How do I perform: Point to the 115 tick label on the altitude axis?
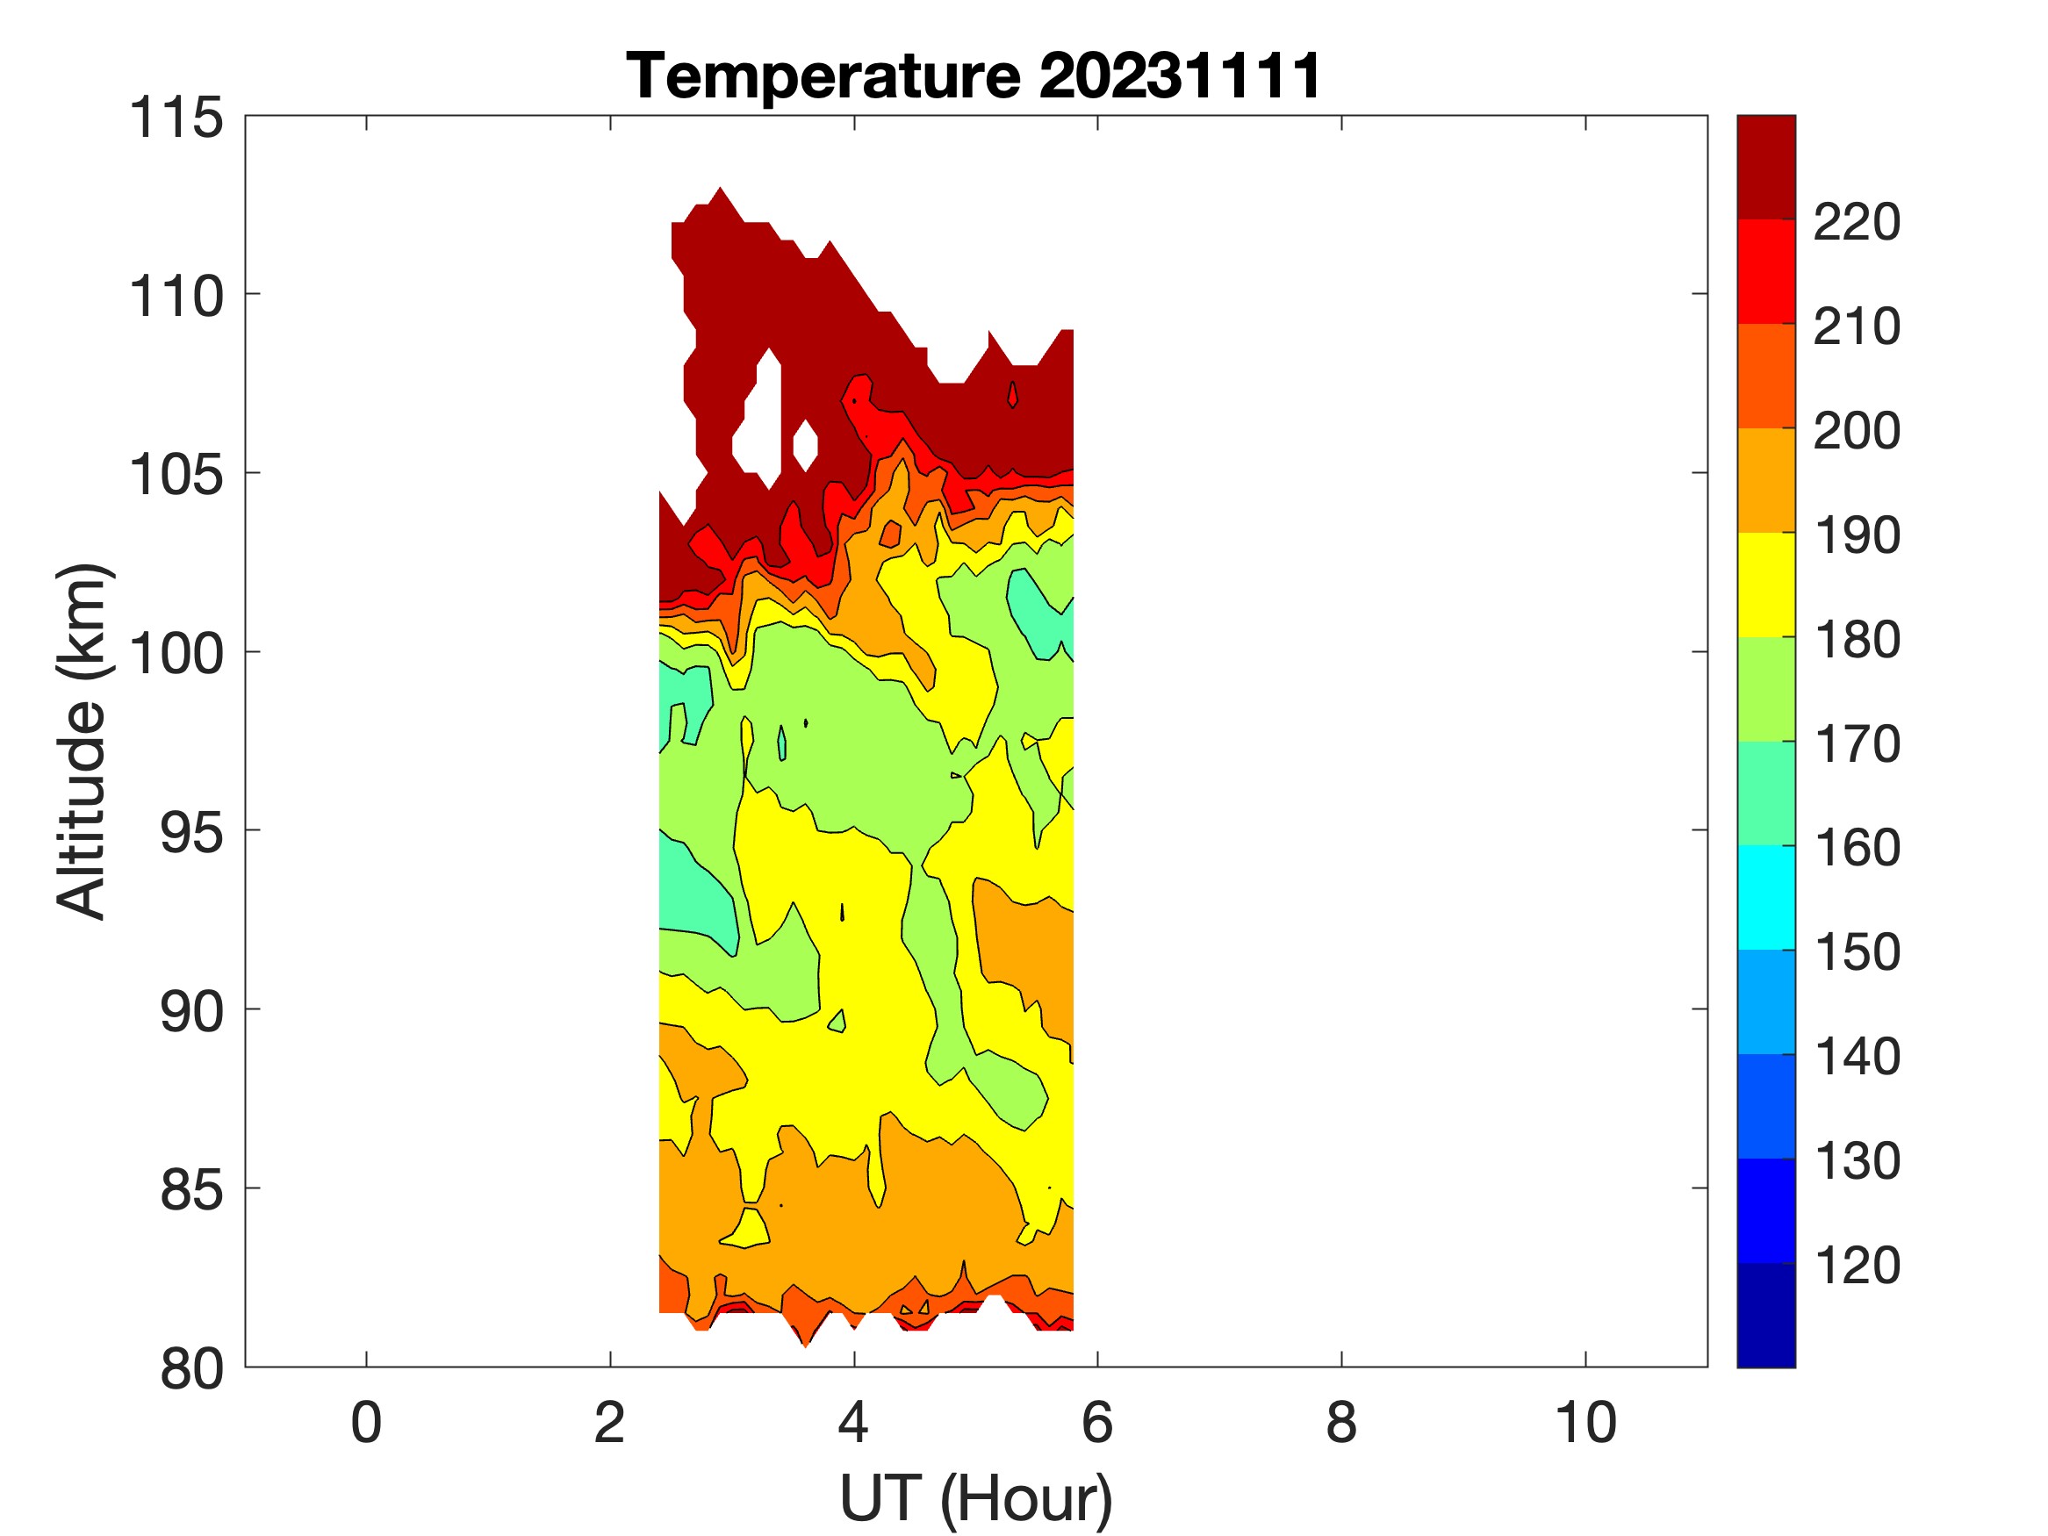click(176, 118)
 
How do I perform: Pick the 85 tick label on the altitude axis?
click(191, 1188)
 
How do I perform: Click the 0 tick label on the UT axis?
click(366, 1423)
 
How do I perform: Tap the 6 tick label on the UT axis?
click(1097, 1423)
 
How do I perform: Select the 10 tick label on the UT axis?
click(1585, 1423)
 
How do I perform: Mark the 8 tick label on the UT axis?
click(1341, 1423)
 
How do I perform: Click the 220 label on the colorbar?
click(1857, 222)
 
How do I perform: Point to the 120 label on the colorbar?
click(1857, 1265)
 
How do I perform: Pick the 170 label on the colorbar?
click(1857, 743)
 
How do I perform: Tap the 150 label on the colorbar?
click(1857, 951)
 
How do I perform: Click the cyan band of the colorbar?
click(1765, 896)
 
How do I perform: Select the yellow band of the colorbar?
click(1765, 585)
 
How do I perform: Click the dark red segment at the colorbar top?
click(1765, 167)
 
